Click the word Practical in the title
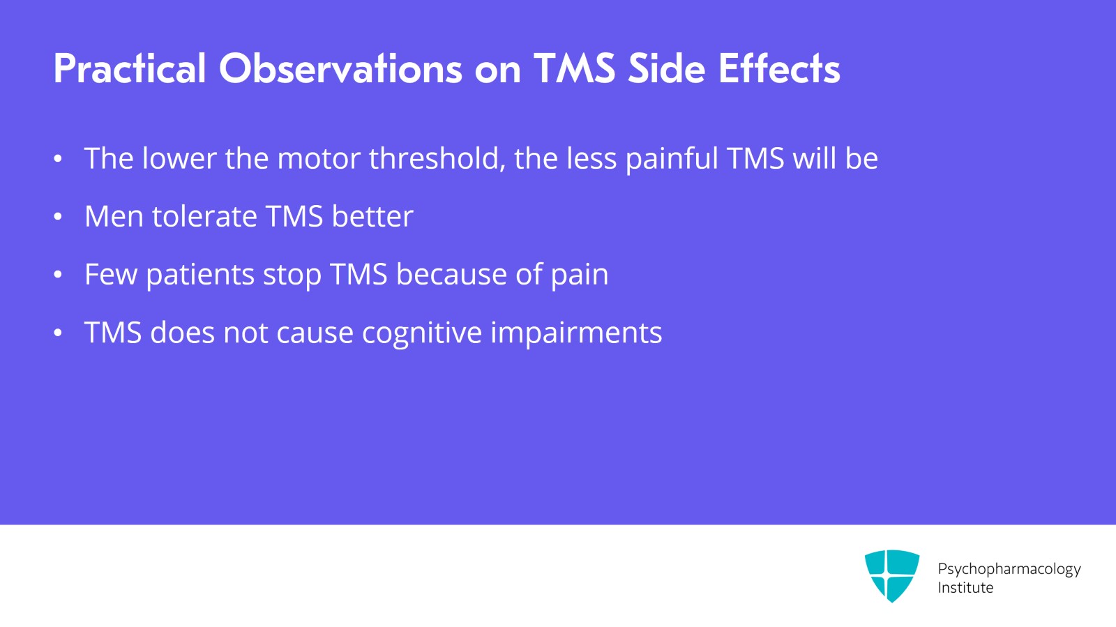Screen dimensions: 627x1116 [x=130, y=69]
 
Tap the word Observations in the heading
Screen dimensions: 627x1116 [x=340, y=69]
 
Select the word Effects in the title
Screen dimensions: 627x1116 [x=779, y=69]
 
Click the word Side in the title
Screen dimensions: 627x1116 [x=667, y=69]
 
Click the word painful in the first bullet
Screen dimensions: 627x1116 [x=671, y=159]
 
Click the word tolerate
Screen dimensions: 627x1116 [x=204, y=217]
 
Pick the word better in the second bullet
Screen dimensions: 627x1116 [x=372, y=217]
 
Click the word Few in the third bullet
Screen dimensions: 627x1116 [x=111, y=275]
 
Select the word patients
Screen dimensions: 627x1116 [x=200, y=275]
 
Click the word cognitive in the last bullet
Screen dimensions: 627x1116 [x=421, y=333]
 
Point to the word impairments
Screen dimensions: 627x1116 [x=576, y=333]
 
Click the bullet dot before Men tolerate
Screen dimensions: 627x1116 [x=58, y=217]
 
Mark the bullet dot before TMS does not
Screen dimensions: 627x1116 [x=58, y=333]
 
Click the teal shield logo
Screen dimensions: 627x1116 [x=891, y=575]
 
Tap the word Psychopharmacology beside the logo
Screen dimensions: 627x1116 [x=1009, y=569]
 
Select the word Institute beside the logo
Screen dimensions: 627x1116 [x=965, y=588]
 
